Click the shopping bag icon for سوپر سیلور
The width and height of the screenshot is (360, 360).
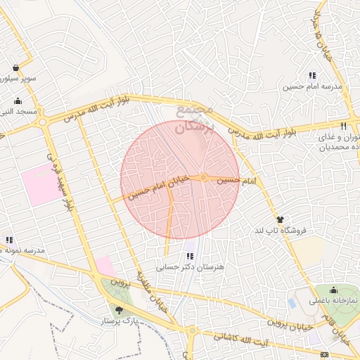coord(15,68)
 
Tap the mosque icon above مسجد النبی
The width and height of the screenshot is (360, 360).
coord(17,101)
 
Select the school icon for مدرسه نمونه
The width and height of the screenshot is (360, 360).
coord(8,240)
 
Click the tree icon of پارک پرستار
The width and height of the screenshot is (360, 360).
coord(118,309)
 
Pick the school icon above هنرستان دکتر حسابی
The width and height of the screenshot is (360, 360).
coord(190,255)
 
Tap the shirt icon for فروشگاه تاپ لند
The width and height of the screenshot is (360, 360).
coord(280,219)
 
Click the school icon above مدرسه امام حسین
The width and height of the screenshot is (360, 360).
coord(312,76)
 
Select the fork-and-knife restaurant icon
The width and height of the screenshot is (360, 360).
coord(343,125)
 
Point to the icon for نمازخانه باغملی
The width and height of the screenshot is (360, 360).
coord(333,289)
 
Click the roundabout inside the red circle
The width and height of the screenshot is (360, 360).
coord(203,177)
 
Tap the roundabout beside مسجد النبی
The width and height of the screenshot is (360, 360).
coord(44,122)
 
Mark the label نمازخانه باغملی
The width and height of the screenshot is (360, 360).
coord(334,300)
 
